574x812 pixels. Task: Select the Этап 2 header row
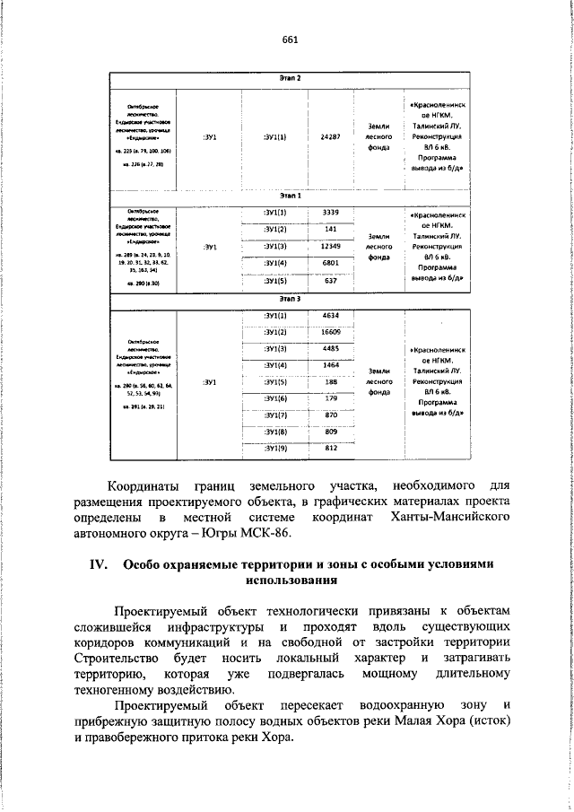click(x=290, y=78)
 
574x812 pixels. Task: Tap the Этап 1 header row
click(x=290, y=194)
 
